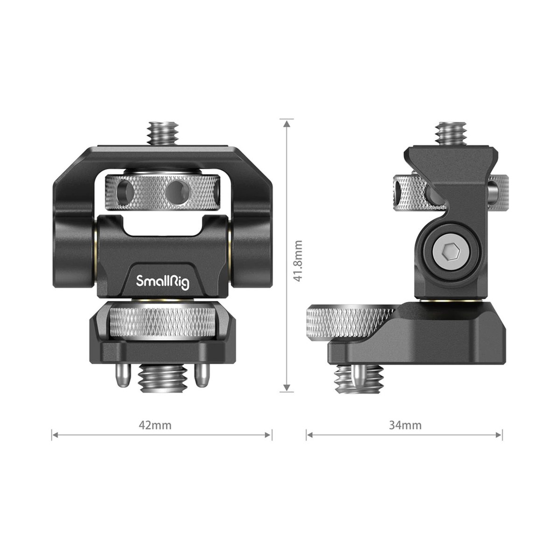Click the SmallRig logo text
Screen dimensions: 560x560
(162, 281)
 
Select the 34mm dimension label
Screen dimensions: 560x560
(405, 425)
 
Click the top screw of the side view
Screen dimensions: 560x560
(451, 133)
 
